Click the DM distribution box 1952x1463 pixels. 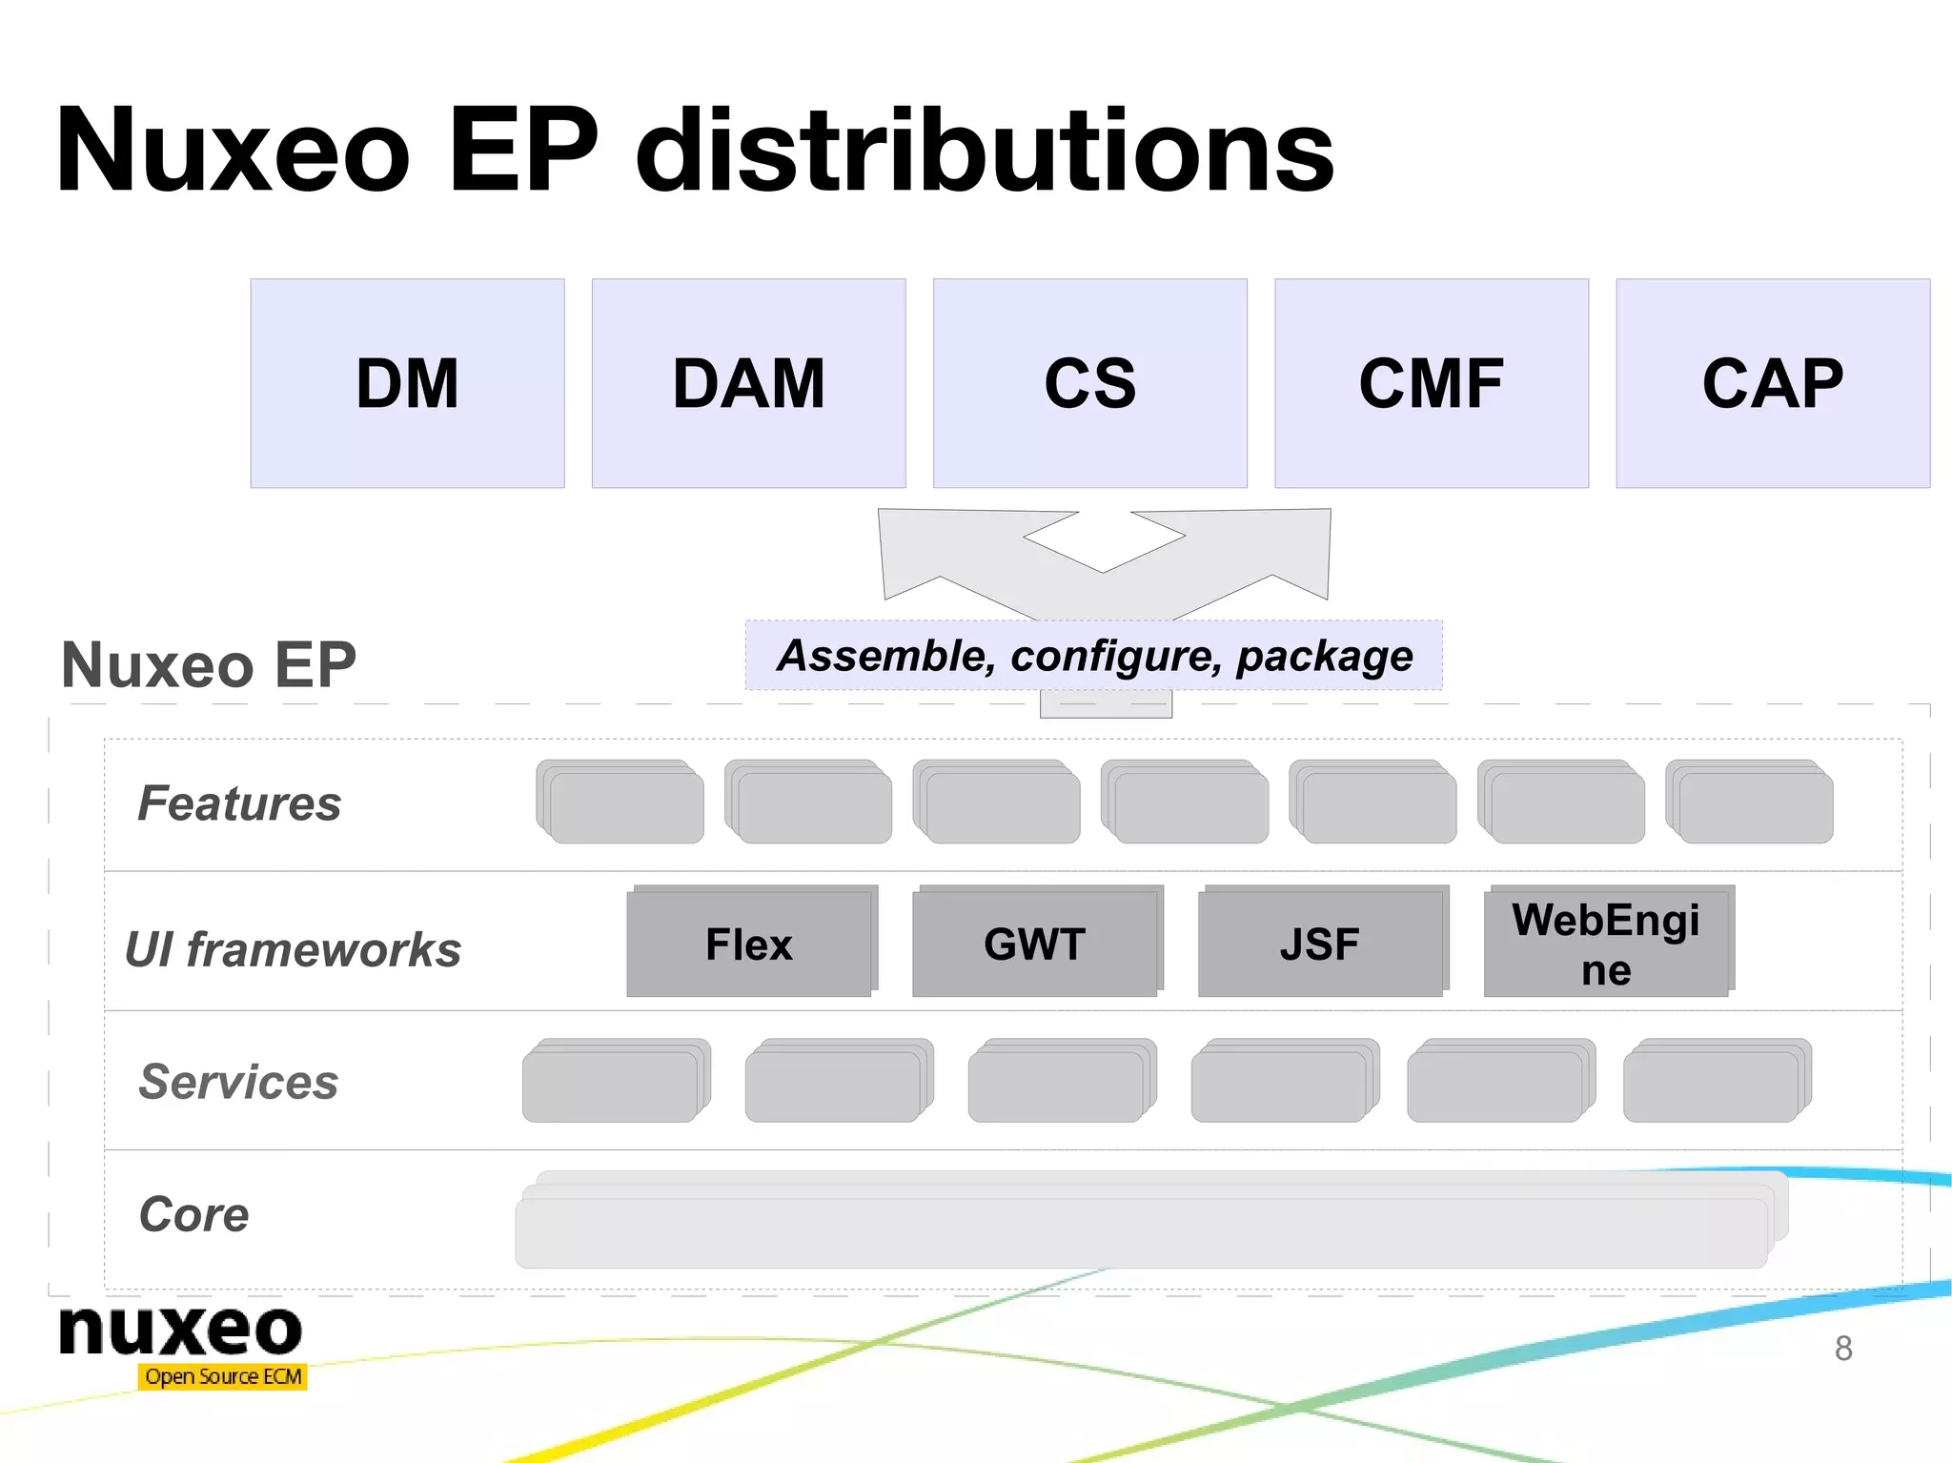pos(407,383)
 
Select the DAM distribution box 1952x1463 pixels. pos(748,383)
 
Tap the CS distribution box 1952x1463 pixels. pos(1089,383)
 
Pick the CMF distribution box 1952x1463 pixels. pos(1431,383)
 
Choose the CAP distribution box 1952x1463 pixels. pos(1772,383)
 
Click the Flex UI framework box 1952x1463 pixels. pos(749,944)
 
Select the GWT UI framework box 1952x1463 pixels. pos(1035,944)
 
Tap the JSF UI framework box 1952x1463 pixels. pos(1320,944)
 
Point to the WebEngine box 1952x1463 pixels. pos(1606,944)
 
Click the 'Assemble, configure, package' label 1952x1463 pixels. pos(1094,656)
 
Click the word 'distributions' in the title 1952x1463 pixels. pos(985,151)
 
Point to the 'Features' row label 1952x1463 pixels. pos(239,803)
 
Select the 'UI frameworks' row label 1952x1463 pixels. pos(294,949)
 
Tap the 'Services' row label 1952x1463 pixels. pos(238,1082)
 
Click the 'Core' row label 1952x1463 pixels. pos(194,1214)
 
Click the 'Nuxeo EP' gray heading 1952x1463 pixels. pos(209,664)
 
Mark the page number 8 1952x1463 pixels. pos(1843,1349)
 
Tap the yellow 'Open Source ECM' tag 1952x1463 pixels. pos(223,1376)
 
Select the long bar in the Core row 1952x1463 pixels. pos(1142,1231)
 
